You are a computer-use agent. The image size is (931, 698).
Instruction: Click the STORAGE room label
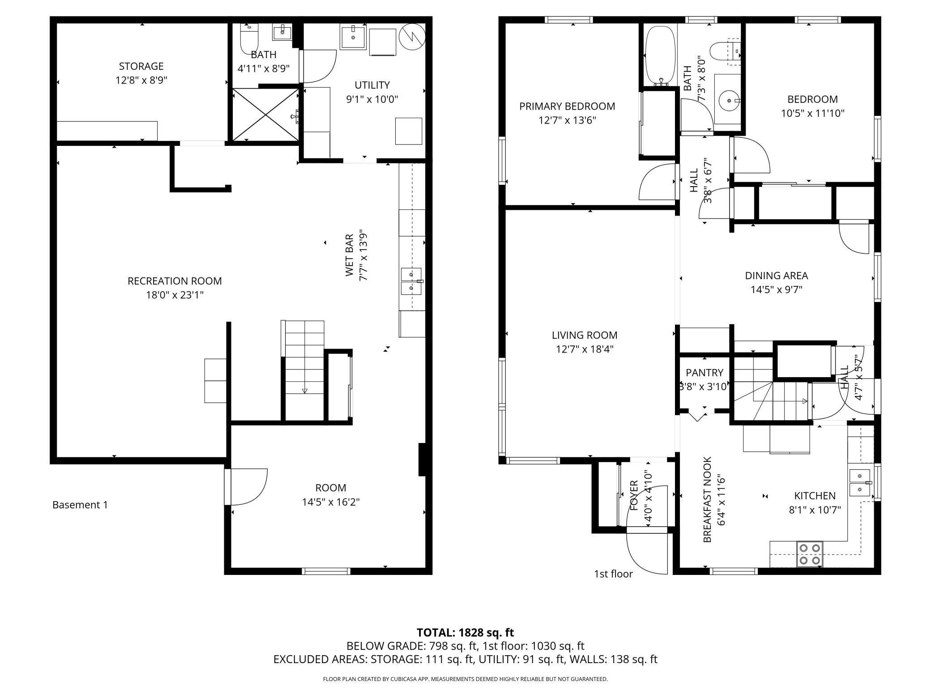coord(141,66)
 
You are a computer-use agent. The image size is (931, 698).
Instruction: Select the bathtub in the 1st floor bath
coord(660,55)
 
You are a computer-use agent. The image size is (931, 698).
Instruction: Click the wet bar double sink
coord(411,281)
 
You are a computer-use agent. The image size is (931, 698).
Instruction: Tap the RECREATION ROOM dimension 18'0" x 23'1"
coord(175,295)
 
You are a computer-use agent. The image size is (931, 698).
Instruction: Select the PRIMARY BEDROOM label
coord(567,106)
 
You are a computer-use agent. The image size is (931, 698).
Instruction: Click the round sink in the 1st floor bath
coord(729,101)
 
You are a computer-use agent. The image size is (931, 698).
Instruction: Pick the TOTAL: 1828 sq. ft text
coord(465,632)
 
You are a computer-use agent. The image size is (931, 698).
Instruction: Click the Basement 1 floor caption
coord(80,505)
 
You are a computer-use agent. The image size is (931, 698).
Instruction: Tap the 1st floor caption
coord(613,574)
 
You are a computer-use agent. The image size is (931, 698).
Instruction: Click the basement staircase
coord(304,370)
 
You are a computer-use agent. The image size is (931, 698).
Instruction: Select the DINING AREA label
coord(776,276)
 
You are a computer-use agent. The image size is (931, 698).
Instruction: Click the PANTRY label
coord(704,372)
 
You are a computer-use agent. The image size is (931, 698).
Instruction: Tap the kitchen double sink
coord(860,482)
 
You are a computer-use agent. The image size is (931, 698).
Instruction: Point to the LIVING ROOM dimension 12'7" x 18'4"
coord(584,349)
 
